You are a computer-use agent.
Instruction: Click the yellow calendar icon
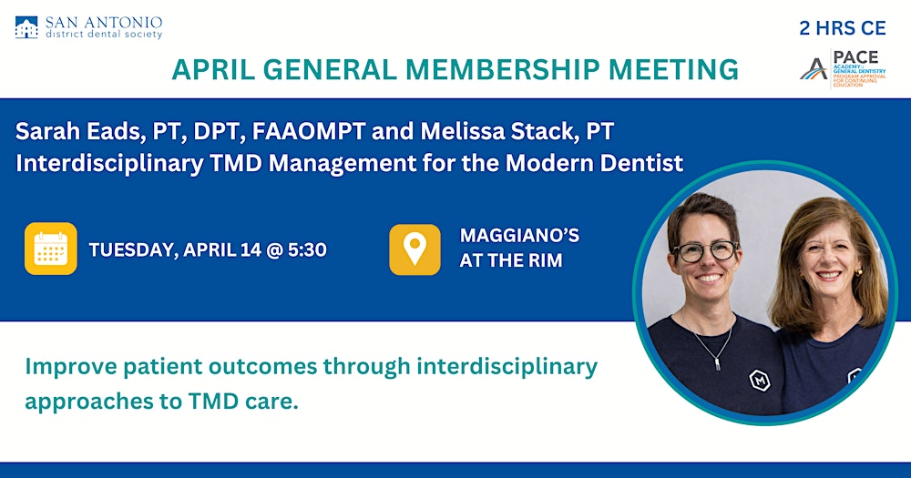[50, 249]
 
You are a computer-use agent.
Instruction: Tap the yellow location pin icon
[415, 249]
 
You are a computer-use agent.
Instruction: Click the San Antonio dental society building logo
[26, 27]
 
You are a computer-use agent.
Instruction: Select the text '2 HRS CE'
[843, 28]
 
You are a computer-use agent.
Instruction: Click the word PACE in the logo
[855, 57]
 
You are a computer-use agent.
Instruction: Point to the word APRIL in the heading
[213, 70]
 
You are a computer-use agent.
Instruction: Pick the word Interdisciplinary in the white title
[110, 164]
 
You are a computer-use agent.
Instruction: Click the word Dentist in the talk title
[641, 163]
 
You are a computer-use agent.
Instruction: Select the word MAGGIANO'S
[519, 235]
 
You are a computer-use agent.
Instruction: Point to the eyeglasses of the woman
[706, 251]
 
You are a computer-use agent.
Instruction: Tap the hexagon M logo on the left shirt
[759, 381]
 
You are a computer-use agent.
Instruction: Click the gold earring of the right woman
[858, 272]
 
